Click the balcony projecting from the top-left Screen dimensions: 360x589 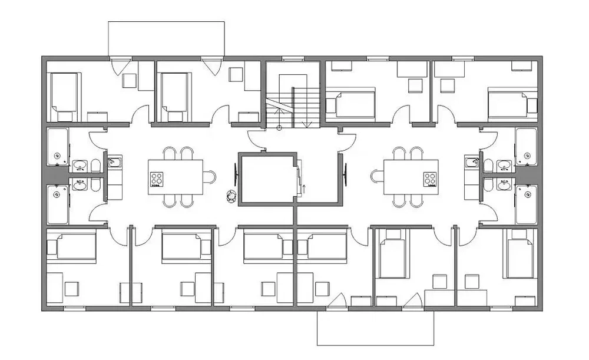click(x=167, y=38)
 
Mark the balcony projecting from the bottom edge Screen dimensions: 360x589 click(x=375, y=328)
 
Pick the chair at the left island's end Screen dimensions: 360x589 click(x=210, y=176)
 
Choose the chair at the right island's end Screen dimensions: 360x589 click(x=377, y=176)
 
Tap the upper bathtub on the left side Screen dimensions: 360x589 click(x=58, y=147)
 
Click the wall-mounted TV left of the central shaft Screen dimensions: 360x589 click(x=236, y=175)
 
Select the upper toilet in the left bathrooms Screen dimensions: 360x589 click(x=95, y=166)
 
